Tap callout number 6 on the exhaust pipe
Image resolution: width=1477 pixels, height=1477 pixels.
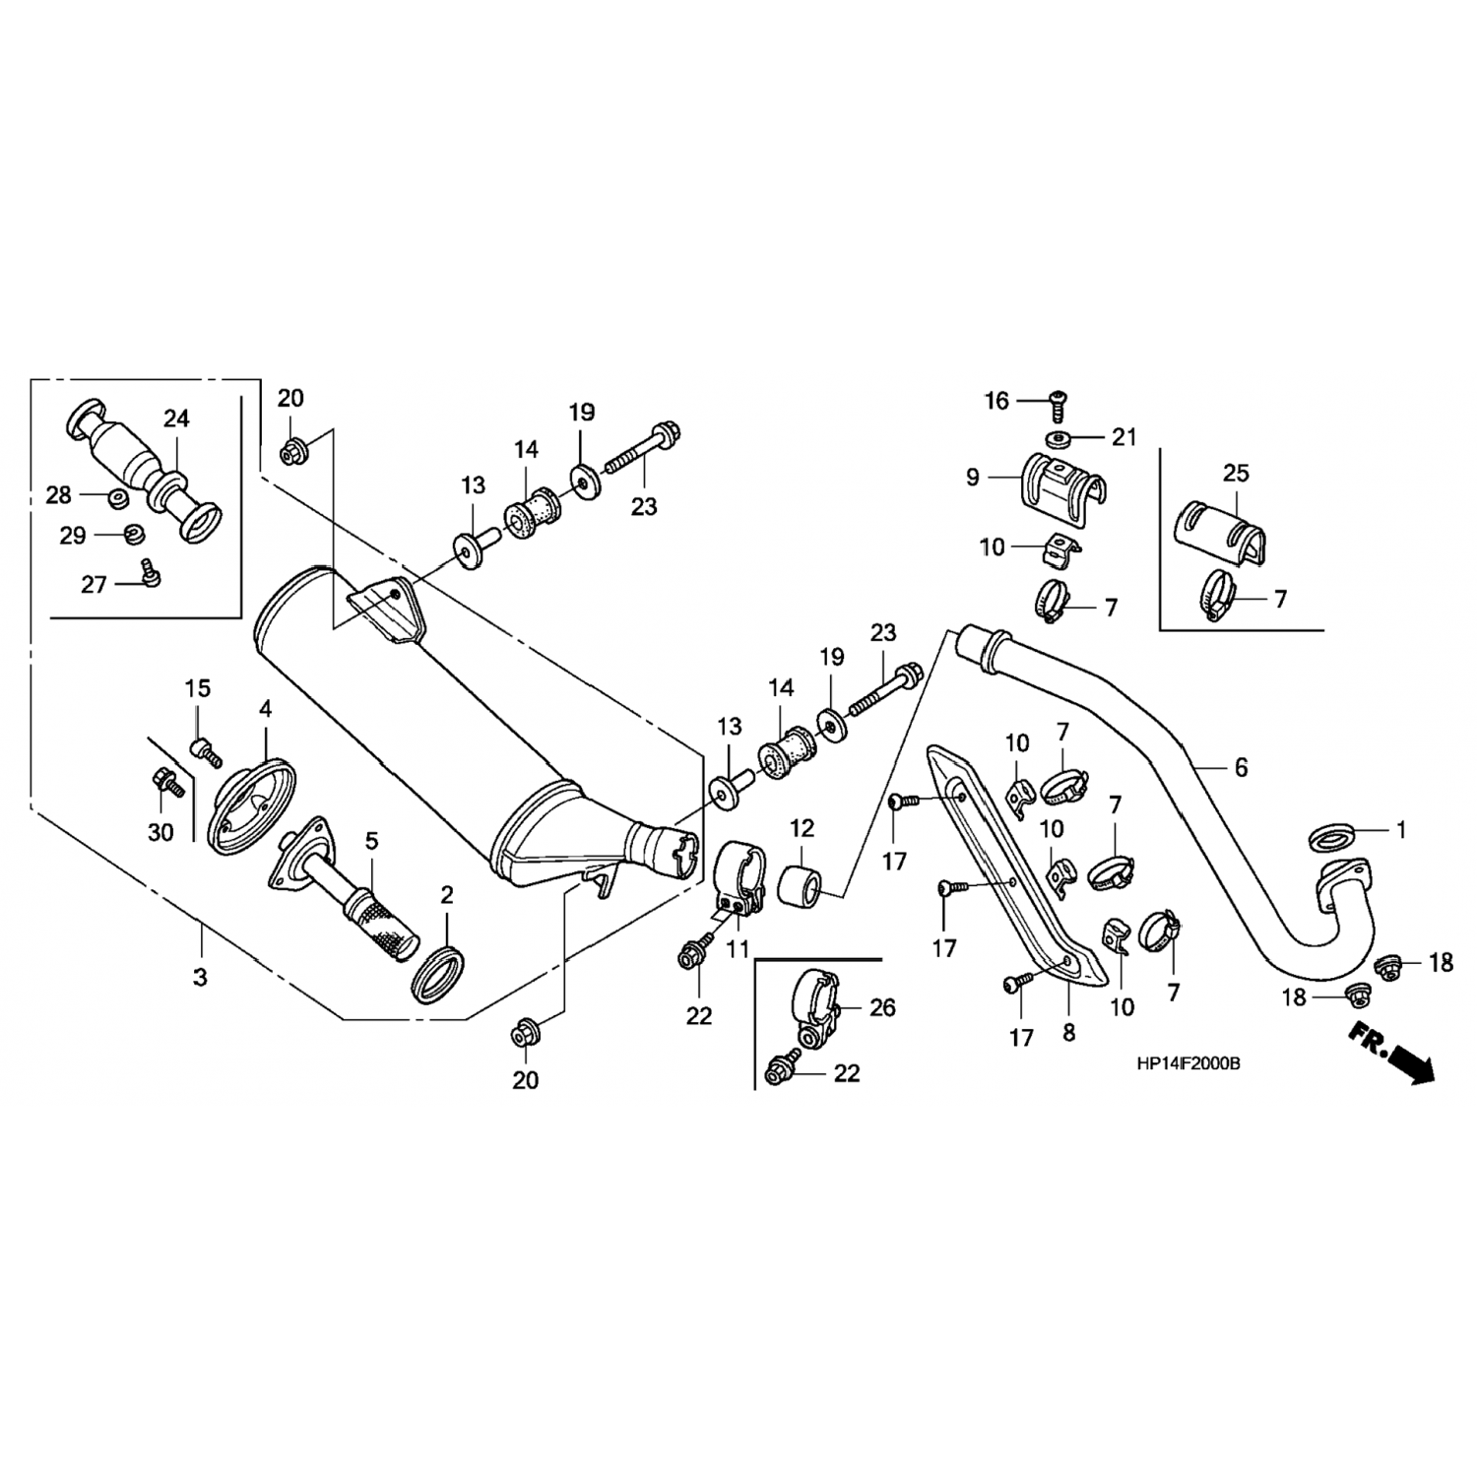(x=1241, y=767)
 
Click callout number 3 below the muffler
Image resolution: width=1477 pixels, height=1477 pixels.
(x=200, y=978)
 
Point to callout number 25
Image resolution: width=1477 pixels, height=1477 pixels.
(x=1236, y=474)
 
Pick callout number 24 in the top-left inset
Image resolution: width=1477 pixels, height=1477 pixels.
(x=176, y=419)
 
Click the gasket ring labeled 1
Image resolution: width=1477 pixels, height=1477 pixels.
(x=1330, y=839)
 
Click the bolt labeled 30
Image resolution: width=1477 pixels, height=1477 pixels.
(x=168, y=785)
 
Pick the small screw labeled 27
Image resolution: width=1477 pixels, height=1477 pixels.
(x=151, y=571)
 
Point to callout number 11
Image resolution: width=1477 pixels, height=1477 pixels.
(x=738, y=949)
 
